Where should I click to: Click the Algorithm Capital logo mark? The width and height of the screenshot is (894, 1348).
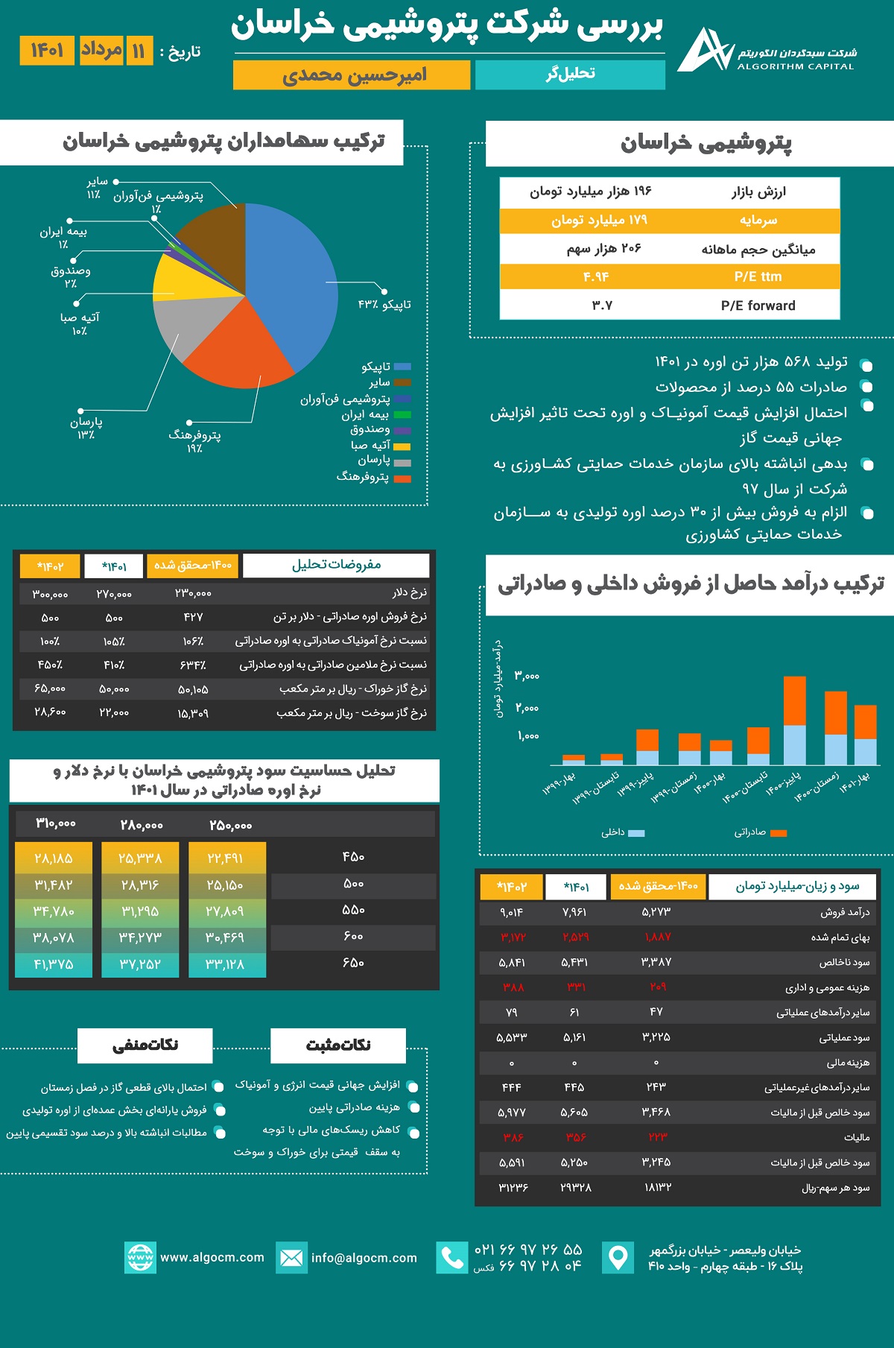tap(704, 51)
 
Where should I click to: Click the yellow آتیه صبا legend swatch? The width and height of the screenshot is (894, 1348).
tap(402, 446)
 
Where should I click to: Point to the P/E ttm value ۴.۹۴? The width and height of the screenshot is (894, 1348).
tap(596, 276)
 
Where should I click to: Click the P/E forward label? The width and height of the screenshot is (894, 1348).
tap(758, 306)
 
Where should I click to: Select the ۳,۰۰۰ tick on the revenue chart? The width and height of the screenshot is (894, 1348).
tap(527, 676)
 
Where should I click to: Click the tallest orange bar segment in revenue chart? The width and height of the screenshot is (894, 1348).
tap(795, 700)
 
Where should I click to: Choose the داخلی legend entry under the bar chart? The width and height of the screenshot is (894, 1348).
tap(623, 832)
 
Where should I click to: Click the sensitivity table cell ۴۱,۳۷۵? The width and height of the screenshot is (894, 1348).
tap(54, 964)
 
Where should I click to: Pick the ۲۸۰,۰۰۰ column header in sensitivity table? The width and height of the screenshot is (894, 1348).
tap(141, 825)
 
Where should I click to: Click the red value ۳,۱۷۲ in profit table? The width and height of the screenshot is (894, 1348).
tap(513, 937)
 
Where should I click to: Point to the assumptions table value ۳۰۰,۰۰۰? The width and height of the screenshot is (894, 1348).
tap(50, 594)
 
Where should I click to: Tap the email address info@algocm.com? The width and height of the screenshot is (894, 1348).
tap(364, 1258)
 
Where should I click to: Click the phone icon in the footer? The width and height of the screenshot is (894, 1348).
tap(451, 1258)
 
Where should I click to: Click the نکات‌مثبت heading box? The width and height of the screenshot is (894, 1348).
tap(338, 1045)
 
